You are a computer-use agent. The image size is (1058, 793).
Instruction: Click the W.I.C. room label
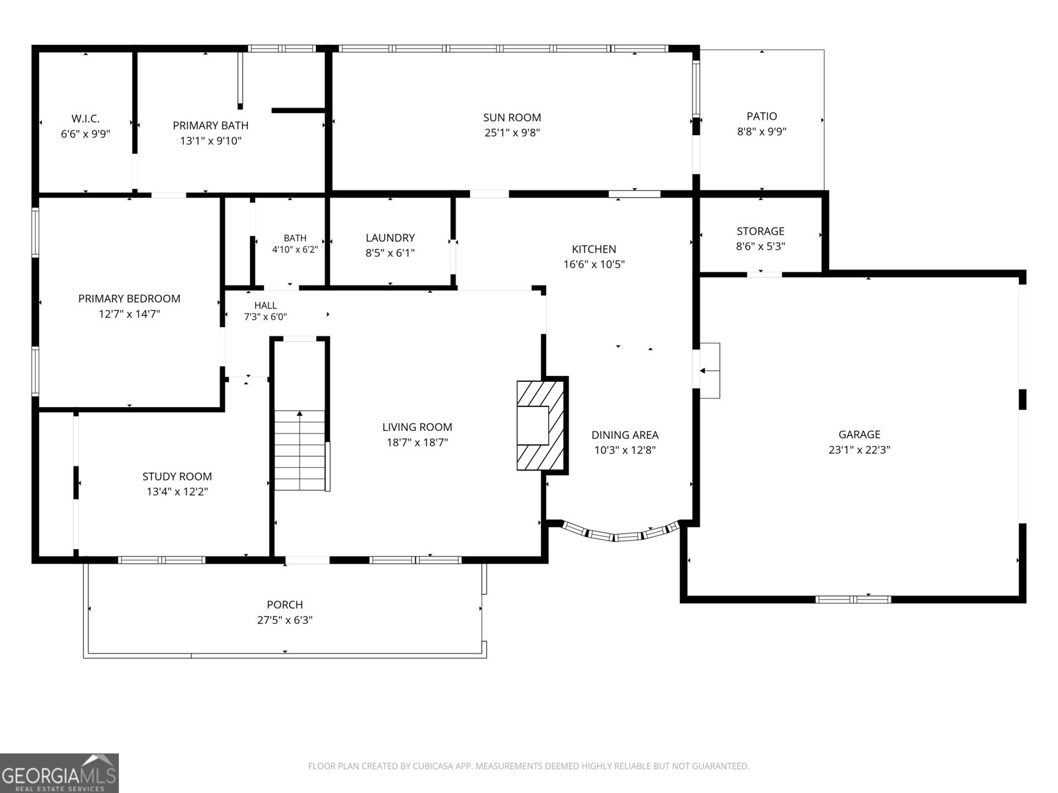coord(85,118)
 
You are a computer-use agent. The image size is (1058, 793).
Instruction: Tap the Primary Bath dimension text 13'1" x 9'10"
coord(211,141)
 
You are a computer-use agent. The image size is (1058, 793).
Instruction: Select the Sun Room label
coord(512,118)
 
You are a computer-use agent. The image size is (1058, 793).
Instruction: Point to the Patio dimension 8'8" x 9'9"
coord(762,132)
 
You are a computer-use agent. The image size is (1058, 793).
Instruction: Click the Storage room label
coord(760,231)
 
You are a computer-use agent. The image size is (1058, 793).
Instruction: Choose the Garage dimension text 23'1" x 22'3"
coord(860,450)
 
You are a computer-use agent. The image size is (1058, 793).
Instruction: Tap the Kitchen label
coord(594,249)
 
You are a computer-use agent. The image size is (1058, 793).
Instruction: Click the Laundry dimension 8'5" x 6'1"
coord(390,253)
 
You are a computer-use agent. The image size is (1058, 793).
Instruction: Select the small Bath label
coord(295,238)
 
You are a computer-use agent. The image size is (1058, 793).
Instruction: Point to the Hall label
coord(266,305)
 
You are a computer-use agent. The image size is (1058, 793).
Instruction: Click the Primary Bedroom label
coord(129,299)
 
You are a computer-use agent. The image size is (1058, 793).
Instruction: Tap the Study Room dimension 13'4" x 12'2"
coord(177,492)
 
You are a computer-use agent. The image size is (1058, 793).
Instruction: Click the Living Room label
coord(417,427)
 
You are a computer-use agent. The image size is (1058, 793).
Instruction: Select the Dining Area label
coord(625,435)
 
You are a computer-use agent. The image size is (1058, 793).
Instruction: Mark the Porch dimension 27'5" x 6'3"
coord(285,620)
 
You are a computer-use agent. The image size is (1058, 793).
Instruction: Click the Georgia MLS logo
coord(60,773)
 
